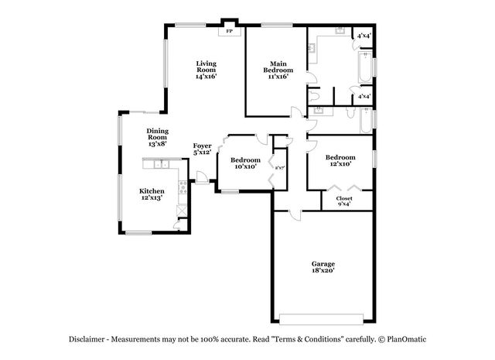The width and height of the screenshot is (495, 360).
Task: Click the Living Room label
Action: point(205,70)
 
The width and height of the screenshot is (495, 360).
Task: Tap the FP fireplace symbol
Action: point(229,32)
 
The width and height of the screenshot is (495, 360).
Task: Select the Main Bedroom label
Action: point(278,70)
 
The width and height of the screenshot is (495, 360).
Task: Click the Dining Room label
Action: point(157,137)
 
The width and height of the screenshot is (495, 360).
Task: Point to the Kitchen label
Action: point(151,194)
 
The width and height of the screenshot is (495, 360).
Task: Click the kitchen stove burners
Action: point(183,187)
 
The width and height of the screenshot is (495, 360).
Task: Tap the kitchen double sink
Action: point(162,164)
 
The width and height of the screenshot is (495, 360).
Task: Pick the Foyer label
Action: point(202,149)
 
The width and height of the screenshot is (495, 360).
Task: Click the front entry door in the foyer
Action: point(201,180)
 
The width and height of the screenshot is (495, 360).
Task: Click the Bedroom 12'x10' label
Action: point(340,160)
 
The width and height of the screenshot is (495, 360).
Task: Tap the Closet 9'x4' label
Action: point(344,201)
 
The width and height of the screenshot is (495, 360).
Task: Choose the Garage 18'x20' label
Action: point(323,267)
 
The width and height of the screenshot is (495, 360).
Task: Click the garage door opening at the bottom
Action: point(322,318)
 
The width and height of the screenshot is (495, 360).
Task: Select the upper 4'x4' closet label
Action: point(363,36)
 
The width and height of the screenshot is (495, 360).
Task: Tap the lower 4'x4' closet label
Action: point(363,96)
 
